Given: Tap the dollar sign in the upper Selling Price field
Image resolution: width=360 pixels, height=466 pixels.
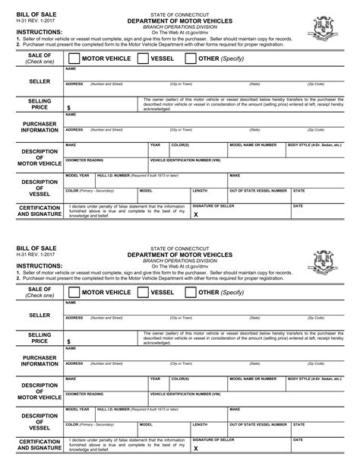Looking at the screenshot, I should click(x=68, y=109).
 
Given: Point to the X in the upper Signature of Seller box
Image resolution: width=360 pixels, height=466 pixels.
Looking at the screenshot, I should click(x=195, y=215).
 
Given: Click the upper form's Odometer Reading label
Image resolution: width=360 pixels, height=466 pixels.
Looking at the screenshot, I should click(x=84, y=160).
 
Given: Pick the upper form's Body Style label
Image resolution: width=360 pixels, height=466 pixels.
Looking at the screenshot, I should click(x=314, y=144).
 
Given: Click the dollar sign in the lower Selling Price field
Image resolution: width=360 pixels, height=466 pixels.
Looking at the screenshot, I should click(x=68, y=344).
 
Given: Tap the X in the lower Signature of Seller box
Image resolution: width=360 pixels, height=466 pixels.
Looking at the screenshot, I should click(x=195, y=449).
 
